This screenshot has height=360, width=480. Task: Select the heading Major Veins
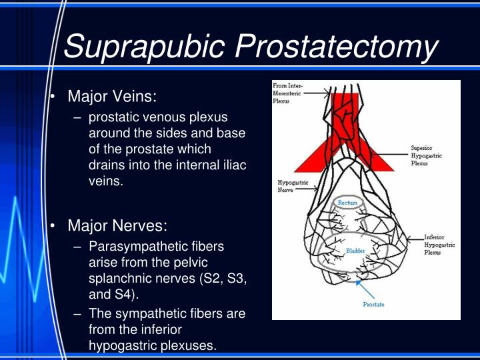click(x=112, y=97)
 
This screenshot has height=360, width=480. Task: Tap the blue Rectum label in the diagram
click(x=347, y=203)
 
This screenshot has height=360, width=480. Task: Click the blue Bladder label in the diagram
click(x=354, y=251)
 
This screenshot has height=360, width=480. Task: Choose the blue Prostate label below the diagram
click(x=374, y=305)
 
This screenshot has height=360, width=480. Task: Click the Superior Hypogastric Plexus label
click(x=427, y=155)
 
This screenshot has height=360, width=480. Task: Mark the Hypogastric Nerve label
click(x=291, y=186)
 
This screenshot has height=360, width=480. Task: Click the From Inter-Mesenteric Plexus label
click(x=287, y=93)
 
